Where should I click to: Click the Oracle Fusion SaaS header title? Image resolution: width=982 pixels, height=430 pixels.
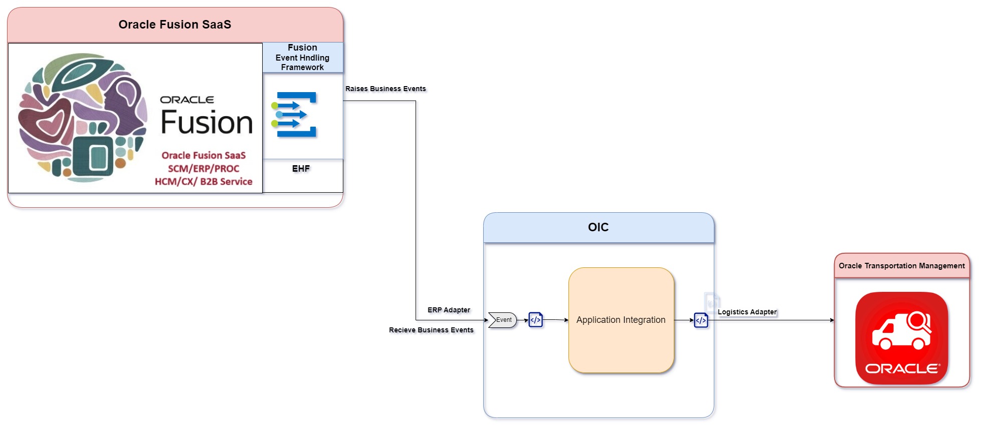point(174,25)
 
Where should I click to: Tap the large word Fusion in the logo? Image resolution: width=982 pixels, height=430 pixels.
point(207,123)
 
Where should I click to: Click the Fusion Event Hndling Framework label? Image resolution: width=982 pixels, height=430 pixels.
point(302,57)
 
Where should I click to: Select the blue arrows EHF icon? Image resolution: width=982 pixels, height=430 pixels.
point(295,115)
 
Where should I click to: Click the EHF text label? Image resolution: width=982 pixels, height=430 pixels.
point(301,169)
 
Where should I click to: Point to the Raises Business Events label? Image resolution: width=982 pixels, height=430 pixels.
point(385,89)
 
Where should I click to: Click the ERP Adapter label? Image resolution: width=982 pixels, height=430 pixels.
point(449,310)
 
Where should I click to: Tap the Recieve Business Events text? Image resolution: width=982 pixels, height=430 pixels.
point(431,330)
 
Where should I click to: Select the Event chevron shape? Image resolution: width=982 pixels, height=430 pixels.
point(502,320)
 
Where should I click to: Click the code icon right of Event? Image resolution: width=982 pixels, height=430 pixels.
point(535,319)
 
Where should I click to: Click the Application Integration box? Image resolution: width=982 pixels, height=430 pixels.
point(621,320)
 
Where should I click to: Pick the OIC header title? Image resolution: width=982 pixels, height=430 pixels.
point(598,227)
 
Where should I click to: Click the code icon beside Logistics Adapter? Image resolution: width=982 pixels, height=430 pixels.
point(701,320)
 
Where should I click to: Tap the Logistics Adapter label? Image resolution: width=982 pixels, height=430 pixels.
point(747,312)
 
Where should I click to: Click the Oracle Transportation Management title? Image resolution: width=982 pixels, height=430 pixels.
point(901,266)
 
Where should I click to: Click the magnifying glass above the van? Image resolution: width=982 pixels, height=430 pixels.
point(919,321)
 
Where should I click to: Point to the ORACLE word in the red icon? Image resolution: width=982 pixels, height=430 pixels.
point(902,368)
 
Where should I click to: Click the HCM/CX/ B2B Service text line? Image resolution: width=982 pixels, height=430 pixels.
point(204,182)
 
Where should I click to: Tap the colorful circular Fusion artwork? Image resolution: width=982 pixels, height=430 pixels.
point(83,118)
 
